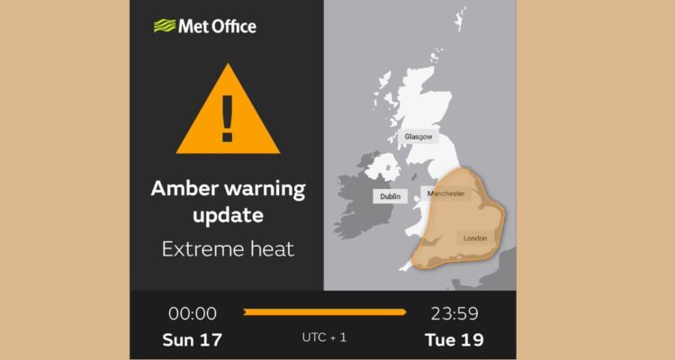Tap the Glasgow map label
[x=418, y=137]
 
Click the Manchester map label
[x=446, y=193]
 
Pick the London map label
[x=474, y=238]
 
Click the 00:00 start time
[x=193, y=313]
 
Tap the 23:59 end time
[x=454, y=313]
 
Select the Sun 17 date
[x=192, y=340]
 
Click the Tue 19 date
[x=455, y=340]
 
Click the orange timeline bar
[x=324, y=312]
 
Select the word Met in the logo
[x=193, y=26]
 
